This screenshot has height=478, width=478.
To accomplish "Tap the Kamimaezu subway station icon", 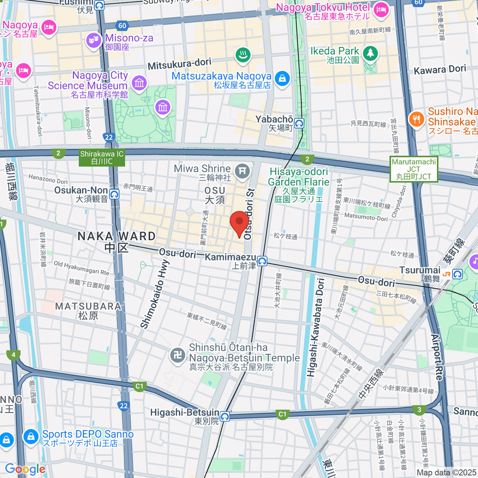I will (x=262, y=261).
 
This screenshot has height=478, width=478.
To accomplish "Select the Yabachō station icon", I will (x=299, y=123).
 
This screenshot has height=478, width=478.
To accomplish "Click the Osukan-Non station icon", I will (x=114, y=194).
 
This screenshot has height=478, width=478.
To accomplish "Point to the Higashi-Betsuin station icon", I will (x=225, y=417).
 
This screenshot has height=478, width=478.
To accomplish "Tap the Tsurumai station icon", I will (x=457, y=274).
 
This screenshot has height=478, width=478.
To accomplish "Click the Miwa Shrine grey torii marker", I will (x=242, y=171).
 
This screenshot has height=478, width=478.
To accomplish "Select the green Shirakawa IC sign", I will (x=102, y=158).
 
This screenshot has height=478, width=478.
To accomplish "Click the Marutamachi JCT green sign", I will (x=414, y=169).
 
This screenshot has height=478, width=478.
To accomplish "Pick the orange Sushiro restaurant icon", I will (x=416, y=119).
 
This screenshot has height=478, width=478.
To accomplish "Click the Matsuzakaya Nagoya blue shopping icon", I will (x=282, y=78).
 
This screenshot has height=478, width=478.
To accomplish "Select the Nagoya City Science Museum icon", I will (x=139, y=83).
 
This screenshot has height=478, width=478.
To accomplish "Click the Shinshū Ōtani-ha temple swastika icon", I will (x=178, y=355).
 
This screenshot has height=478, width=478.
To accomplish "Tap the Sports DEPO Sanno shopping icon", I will (x=31, y=437).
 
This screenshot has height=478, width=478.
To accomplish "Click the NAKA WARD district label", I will (x=117, y=241).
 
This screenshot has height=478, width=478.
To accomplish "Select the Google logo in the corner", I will (x=25, y=469).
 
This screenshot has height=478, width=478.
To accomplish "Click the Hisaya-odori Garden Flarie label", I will (x=299, y=185).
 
